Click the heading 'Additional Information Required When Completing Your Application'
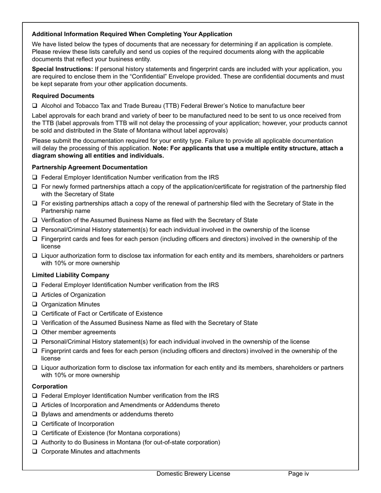point(132,34)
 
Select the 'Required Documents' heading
point(63,96)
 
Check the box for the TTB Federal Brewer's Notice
point(35,106)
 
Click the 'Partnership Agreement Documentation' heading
point(89,167)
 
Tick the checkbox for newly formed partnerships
point(35,187)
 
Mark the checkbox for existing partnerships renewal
point(35,204)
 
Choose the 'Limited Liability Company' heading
point(71,275)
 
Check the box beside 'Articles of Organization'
point(35,295)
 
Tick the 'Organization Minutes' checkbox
point(35,304)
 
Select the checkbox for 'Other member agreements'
point(35,332)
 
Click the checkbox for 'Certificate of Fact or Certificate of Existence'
point(35,313)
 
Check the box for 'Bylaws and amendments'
point(35,414)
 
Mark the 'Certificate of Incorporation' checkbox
point(35,424)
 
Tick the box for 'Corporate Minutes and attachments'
point(35,452)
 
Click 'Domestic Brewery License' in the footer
point(193,474)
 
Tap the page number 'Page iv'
point(298,474)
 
